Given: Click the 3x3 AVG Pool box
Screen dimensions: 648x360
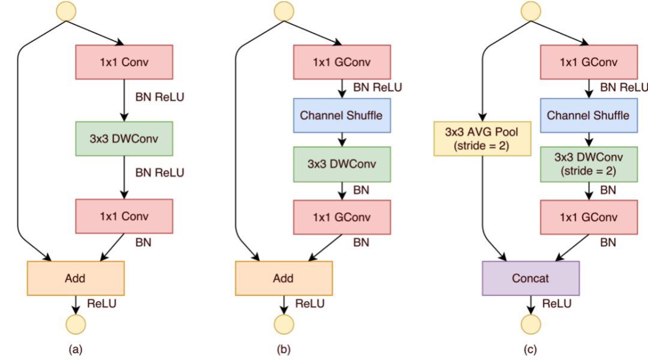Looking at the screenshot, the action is [x=482, y=139].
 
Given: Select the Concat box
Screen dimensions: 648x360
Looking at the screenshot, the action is [x=530, y=278].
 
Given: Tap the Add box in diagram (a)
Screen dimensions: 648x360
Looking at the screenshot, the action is [x=76, y=278].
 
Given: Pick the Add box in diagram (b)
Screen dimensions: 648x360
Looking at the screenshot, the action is [x=284, y=278].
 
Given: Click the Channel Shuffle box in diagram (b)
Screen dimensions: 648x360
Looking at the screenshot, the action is [x=342, y=115].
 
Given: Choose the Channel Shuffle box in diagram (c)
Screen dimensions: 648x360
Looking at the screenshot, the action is [x=589, y=115].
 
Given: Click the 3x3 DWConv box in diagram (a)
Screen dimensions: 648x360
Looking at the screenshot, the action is [x=124, y=139].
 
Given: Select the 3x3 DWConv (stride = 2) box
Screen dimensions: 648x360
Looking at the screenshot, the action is [x=589, y=164].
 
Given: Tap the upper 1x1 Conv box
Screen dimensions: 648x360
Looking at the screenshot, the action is [x=124, y=62].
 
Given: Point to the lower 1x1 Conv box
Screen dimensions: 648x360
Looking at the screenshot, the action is [x=124, y=216].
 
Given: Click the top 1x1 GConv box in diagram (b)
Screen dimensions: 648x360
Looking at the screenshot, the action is [x=342, y=62].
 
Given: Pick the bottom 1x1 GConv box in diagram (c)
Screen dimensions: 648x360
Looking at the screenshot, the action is [x=589, y=217].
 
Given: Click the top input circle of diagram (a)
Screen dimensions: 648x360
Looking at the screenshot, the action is [x=66, y=11].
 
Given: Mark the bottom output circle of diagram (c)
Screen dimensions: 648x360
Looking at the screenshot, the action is [x=530, y=324].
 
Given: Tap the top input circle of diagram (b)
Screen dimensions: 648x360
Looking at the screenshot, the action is [x=284, y=11].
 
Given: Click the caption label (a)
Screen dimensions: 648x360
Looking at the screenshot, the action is [x=75, y=350].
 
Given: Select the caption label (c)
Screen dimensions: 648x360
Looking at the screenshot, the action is [x=530, y=350].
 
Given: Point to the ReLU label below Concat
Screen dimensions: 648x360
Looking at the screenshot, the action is [x=557, y=304].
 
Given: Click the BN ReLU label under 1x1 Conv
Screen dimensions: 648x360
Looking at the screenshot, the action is [x=160, y=97].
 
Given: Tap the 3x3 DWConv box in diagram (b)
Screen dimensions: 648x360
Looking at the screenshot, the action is [x=342, y=164].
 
